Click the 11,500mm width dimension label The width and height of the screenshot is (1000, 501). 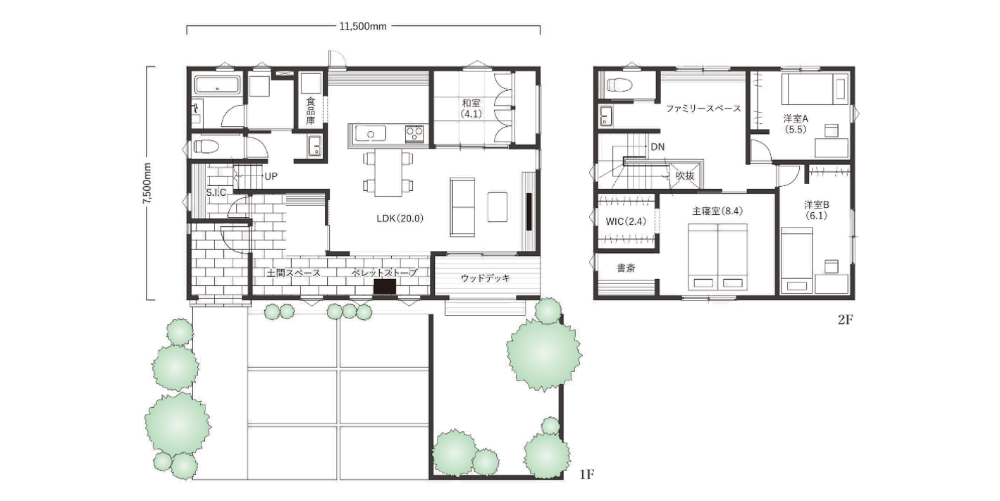pos(363,26)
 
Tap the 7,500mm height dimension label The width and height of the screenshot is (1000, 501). pos(147,183)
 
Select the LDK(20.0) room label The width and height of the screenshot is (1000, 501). pos(400,218)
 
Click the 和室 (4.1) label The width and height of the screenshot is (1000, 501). pos(471,109)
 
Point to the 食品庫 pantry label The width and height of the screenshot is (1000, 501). pos(311,111)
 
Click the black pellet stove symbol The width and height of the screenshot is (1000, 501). pos(385,286)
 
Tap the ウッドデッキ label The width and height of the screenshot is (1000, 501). pos(486,278)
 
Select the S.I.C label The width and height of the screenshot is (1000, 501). pos(216,192)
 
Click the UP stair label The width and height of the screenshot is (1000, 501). pos(271,176)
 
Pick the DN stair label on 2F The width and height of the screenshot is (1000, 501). pos(658,147)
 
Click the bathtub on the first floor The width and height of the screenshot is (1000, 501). pos(218,85)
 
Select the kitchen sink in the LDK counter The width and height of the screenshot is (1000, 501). pos(370,133)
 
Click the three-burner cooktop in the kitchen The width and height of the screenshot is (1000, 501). pos(414,133)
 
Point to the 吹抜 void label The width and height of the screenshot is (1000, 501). pos(684,176)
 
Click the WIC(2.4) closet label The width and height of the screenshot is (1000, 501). pos(626,221)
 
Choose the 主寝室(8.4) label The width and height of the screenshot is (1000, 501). pos(717,211)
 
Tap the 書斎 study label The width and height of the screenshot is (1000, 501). pos(626,268)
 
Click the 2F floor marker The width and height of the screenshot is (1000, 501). pos(845,320)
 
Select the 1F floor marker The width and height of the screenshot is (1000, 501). pos(586,474)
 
